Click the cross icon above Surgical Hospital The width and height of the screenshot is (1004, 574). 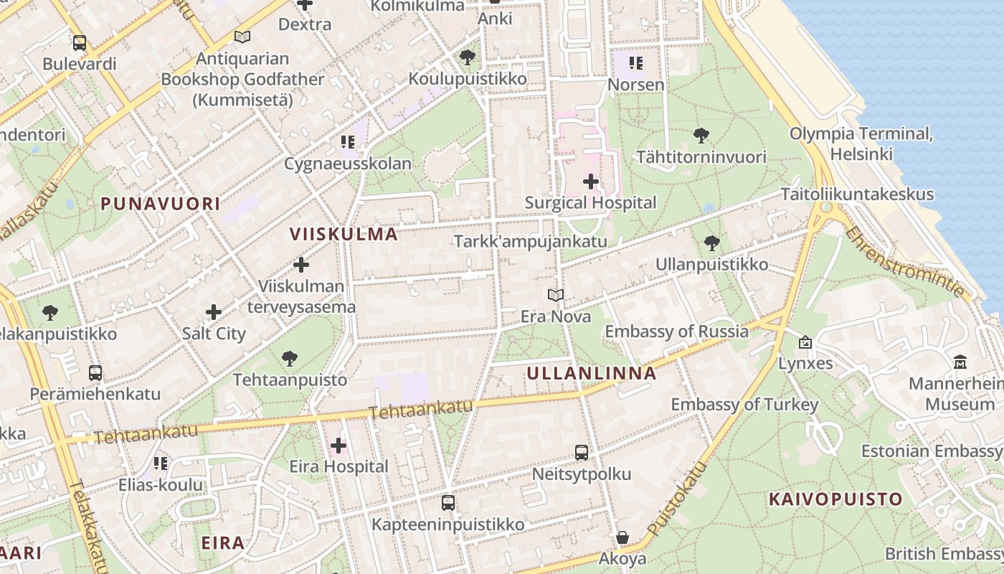[591, 182]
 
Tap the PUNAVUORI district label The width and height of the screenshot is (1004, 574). [161, 204]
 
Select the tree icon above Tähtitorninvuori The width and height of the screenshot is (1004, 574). [701, 135]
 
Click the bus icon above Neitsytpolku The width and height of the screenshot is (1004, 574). [582, 453]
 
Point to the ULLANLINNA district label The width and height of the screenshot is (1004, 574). [592, 373]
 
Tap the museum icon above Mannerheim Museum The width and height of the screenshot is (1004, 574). [960, 362]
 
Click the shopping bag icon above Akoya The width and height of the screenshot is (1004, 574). [622, 537]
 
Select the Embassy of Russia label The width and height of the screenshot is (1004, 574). [676, 331]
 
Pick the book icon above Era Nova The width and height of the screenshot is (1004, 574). [555, 295]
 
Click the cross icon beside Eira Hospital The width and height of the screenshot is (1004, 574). [338, 446]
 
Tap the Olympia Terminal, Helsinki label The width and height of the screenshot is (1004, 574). [861, 143]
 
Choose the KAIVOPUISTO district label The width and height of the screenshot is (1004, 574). [835, 499]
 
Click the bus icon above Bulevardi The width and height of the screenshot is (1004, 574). [79, 43]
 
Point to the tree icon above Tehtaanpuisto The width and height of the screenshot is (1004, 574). [290, 358]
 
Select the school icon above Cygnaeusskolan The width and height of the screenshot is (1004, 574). [348, 141]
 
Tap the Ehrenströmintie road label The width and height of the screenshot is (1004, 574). [905, 262]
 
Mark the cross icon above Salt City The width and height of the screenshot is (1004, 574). [214, 312]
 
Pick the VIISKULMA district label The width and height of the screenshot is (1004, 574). [344, 234]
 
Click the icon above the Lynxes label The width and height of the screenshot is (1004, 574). [805, 342]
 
